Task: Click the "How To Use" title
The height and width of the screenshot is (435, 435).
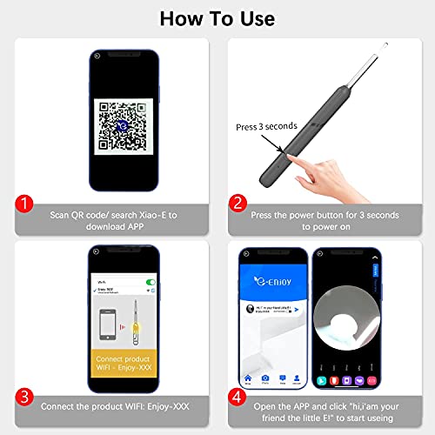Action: (x=217, y=18)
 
